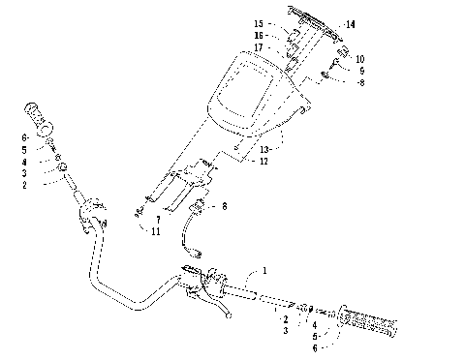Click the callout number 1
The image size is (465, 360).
point(263,273)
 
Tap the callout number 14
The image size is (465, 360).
point(350,24)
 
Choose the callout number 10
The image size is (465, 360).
point(359,59)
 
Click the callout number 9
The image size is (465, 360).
point(359,71)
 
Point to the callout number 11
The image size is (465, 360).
point(157,231)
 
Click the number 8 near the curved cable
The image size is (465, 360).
point(225,206)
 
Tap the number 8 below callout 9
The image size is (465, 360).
point(359,83)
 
